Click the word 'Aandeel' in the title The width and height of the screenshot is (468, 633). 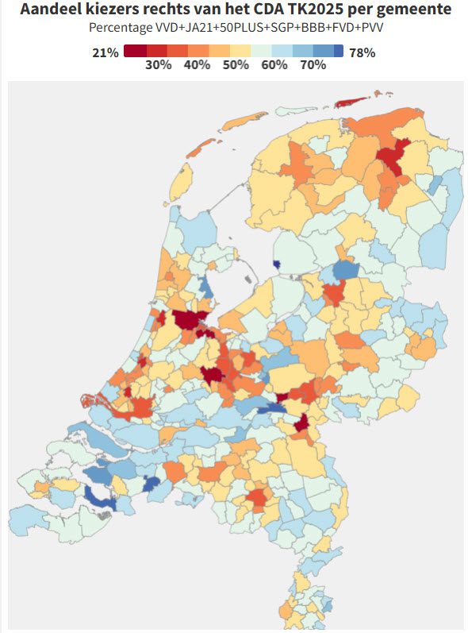tap(52, 10)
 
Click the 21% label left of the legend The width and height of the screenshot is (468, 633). tap(105, 52)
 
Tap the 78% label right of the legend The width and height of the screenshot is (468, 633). tap(362, 52)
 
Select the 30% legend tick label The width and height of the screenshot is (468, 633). tap(159, 65)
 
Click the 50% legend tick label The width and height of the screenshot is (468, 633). tap(236, 65)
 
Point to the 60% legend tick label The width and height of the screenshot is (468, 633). tap(274, 65)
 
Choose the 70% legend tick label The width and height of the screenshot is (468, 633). tap(313, 65)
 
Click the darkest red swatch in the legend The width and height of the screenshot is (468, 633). tap(136, 52)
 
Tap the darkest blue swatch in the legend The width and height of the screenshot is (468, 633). tap(339, 52)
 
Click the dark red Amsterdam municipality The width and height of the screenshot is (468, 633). tap(189, 319)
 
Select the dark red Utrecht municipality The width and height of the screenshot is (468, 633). tap(212, 375)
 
